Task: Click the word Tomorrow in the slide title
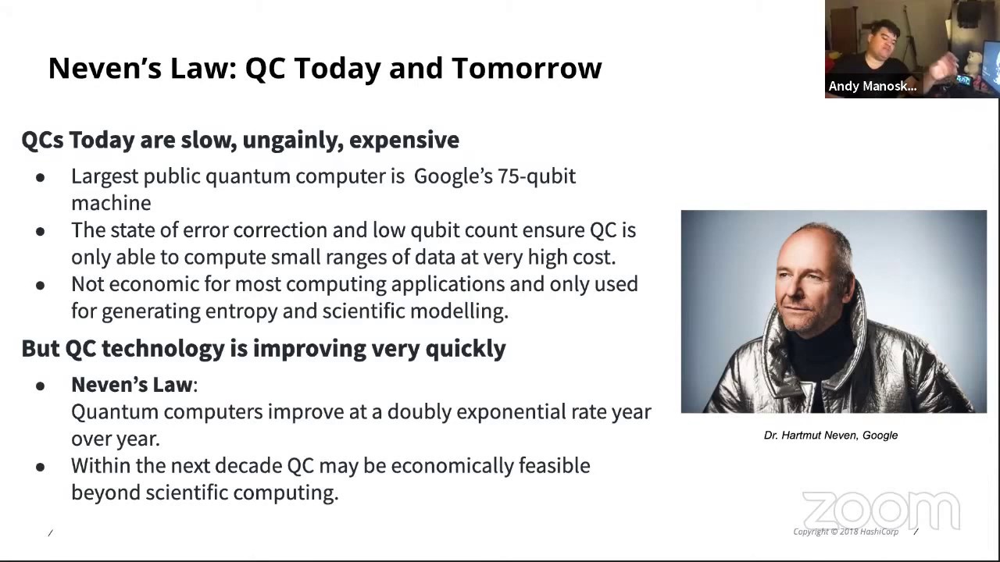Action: (527, 68)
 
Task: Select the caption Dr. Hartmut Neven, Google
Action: (830, 436)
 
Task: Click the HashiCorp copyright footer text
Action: (845, 532)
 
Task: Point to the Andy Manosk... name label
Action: (873, 86)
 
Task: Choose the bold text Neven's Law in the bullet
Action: (132, 385)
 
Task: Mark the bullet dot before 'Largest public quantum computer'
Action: (41, 177)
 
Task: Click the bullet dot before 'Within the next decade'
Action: (41, 467)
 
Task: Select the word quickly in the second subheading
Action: (466, 349)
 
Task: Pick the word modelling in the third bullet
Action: (459, 311)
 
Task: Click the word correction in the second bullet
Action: (280, 230)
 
